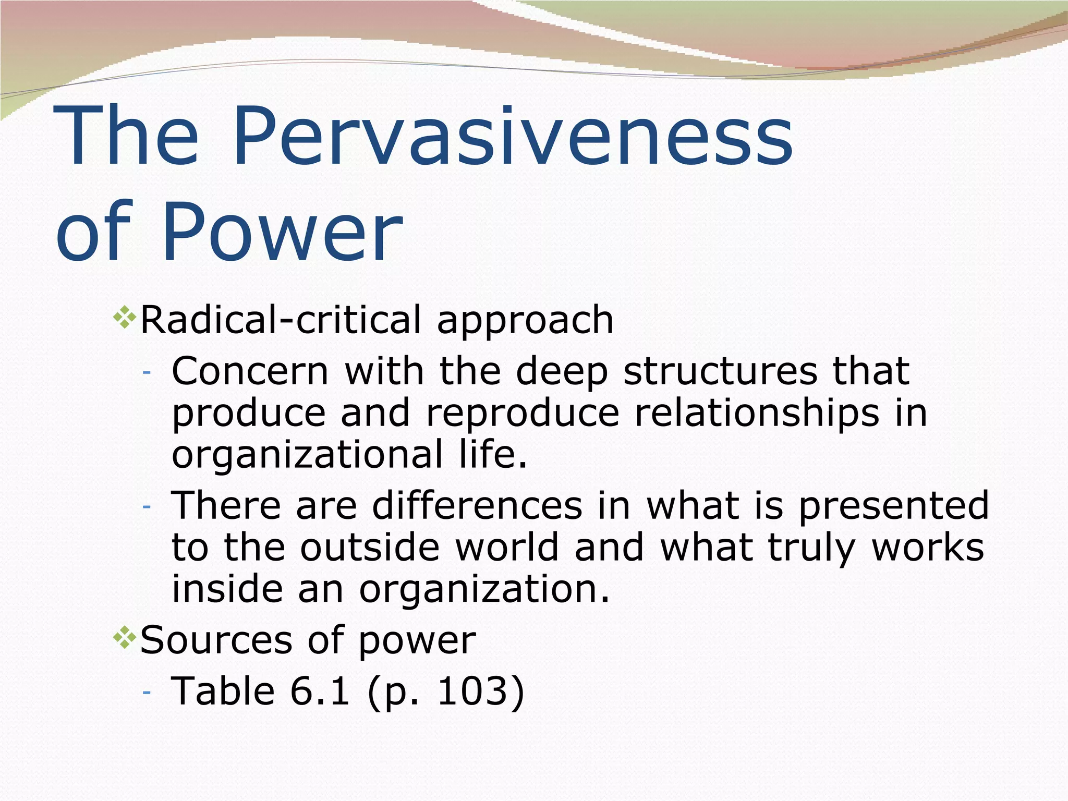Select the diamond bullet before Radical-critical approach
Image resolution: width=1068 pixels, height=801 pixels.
125,318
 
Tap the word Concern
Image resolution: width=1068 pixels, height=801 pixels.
250,371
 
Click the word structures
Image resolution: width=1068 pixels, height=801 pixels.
720,371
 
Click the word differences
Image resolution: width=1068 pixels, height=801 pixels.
477,505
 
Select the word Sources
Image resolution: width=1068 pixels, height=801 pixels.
216,640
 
